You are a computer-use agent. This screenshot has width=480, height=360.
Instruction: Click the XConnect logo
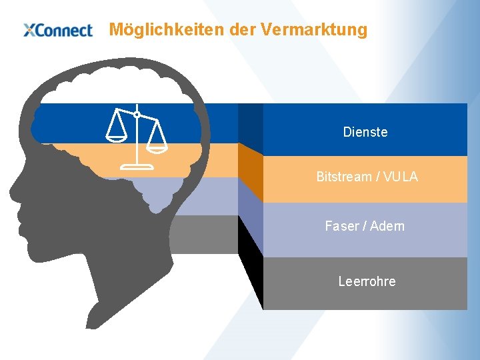[57, 30]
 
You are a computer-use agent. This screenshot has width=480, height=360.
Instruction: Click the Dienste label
[365, 132]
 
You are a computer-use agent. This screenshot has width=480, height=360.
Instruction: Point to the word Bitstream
[343, 177]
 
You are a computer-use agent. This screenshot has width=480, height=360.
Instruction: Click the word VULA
[401, 177]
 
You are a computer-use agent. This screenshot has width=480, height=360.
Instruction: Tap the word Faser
[341, 226]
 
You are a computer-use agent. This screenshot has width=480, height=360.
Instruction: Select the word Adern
[387, 226]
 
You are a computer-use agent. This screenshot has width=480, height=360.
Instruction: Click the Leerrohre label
[367, 281]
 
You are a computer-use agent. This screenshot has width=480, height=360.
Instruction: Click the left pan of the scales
[116, 137]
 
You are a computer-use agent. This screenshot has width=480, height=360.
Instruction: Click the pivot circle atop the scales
[137, 115]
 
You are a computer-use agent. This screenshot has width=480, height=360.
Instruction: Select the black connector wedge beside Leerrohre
[251, 263]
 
